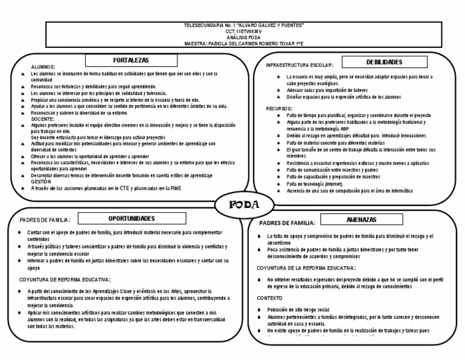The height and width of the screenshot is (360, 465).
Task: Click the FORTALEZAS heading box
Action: click(125, 60)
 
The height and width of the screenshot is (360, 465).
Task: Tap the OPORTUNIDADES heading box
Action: click(131, 218)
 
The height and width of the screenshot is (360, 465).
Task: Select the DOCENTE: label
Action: click(43, 119)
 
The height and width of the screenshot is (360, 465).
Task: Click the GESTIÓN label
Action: click(42, 181)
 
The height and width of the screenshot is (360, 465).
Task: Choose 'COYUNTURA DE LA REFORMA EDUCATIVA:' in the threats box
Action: click(306, 267)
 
